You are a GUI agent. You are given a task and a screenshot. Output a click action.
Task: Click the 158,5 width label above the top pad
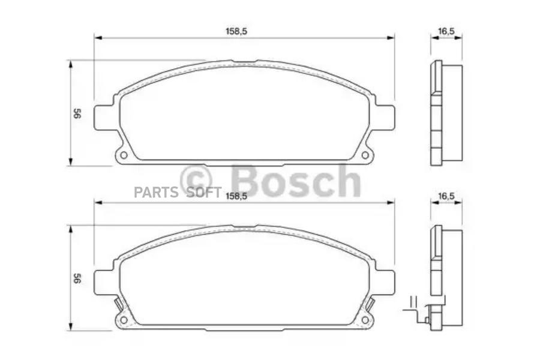[236, 31]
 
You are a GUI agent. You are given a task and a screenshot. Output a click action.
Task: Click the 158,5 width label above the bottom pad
[236, 196]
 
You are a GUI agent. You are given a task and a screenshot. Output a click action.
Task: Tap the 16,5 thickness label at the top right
[446, 31]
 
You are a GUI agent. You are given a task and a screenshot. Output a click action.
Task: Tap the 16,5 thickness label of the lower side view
[446, 196]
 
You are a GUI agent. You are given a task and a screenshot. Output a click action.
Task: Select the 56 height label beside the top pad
[77, 113]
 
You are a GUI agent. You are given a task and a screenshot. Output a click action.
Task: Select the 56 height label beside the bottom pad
[77, 278]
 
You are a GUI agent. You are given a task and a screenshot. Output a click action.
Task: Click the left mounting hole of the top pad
[124, 155]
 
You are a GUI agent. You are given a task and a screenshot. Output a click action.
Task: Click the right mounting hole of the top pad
[365, 155]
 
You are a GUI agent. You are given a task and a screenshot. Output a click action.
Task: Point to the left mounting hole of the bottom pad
[124, 320]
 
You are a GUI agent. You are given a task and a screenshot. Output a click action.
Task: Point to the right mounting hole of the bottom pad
[365, 320]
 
